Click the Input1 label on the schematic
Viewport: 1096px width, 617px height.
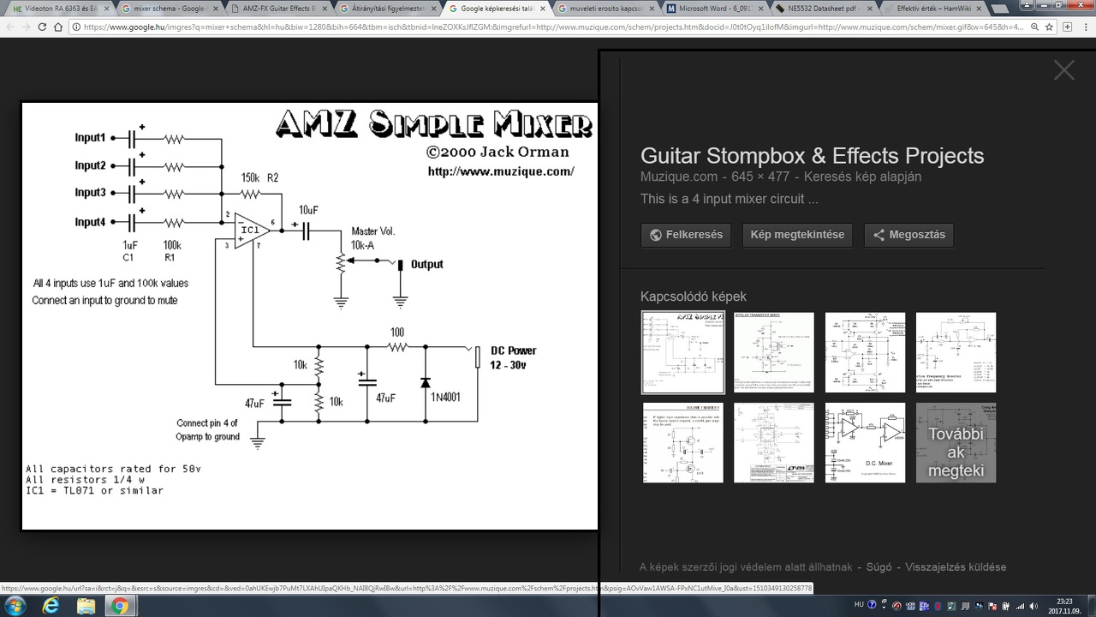[90, 138]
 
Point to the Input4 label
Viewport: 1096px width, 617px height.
[90, 222]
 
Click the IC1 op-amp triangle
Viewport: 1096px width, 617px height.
[251, 230]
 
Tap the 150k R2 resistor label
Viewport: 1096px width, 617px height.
[259, 178]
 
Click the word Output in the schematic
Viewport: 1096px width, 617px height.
[426, 264]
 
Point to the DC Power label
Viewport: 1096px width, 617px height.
[513, 350]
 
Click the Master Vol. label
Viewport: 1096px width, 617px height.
[373, 231]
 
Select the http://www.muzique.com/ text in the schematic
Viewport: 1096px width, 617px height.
[501, 171]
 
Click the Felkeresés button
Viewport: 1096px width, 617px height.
[685, 235]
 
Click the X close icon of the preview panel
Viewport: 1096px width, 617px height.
[1063, 70]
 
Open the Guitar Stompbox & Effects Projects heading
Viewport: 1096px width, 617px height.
[812, 156]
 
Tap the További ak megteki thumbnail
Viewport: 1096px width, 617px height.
[956, 443]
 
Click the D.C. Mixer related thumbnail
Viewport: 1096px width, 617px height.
[865, 443]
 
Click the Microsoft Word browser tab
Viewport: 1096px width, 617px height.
[712, 9]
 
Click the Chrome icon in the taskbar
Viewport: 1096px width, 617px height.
[119, 606]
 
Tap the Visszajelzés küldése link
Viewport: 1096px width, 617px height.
[956, 567]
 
